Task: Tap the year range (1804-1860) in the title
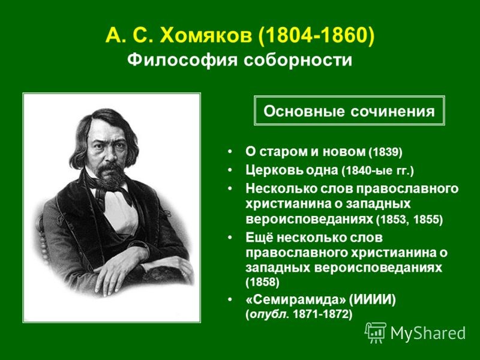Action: [316, 36]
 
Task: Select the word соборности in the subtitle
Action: [298, 60]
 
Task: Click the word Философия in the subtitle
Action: [182, 60]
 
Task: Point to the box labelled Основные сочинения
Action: [349, 111]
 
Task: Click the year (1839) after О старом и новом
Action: [386, 152]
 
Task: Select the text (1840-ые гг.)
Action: [377, 170]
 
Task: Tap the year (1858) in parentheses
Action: [262, 282]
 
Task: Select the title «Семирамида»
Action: [296, 299]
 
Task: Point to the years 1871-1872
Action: [320, 314]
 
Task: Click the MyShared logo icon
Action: [376, 333]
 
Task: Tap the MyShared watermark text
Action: [428, 333]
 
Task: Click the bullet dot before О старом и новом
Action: [230, 152]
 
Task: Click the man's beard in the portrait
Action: [110, 176]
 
